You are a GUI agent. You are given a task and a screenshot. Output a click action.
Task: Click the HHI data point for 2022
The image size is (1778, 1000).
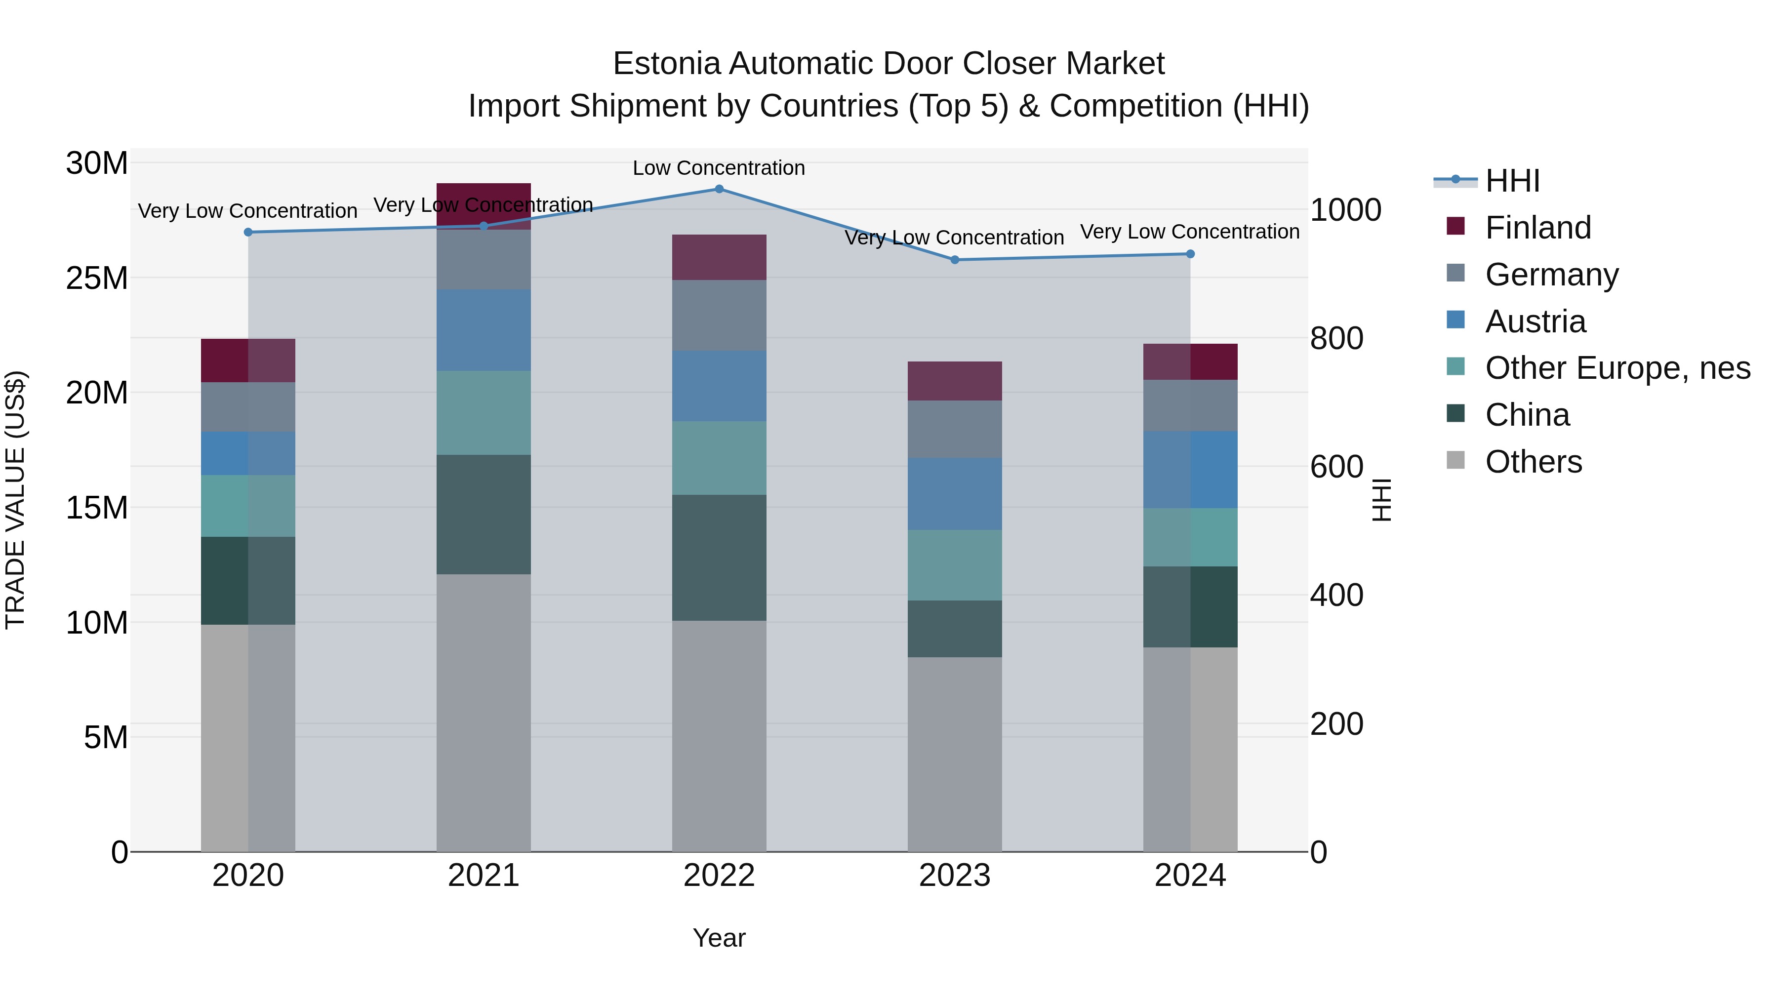[x=719, y=189]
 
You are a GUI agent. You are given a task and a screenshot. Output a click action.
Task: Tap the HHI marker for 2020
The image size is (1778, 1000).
[x=248, y=233]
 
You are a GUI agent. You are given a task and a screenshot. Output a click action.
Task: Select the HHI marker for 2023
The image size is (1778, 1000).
[x=955, y=260]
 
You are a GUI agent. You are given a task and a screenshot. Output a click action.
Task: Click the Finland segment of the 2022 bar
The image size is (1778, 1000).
[x=719, y=257]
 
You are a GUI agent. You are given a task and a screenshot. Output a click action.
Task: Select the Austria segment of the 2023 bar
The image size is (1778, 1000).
[x=955, y=494]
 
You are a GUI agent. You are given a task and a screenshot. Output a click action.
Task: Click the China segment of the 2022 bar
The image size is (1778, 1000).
[x=719, y=558]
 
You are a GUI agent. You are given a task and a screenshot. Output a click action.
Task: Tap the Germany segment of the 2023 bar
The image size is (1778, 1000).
[x=955, y=429]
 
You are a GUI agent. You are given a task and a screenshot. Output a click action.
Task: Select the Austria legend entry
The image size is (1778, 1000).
[x=1535, y=321]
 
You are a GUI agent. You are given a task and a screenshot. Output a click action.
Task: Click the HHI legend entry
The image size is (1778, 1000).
[x=1512, y=181]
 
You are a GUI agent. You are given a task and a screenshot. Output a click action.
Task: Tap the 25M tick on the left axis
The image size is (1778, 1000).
[x=97, y=278]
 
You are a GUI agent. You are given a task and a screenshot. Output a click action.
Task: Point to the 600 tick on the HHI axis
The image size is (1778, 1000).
[x=1337, y=467]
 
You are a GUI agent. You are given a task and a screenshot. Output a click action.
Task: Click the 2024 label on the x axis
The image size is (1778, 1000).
[x=1190, y=876]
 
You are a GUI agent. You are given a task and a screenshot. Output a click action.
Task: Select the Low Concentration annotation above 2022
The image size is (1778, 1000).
[x=719, y=168]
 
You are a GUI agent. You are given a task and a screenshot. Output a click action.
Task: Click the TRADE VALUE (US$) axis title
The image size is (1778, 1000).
[x=16, y=500]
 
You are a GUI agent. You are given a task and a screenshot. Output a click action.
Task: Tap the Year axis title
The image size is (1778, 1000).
[x=719, y=938]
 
